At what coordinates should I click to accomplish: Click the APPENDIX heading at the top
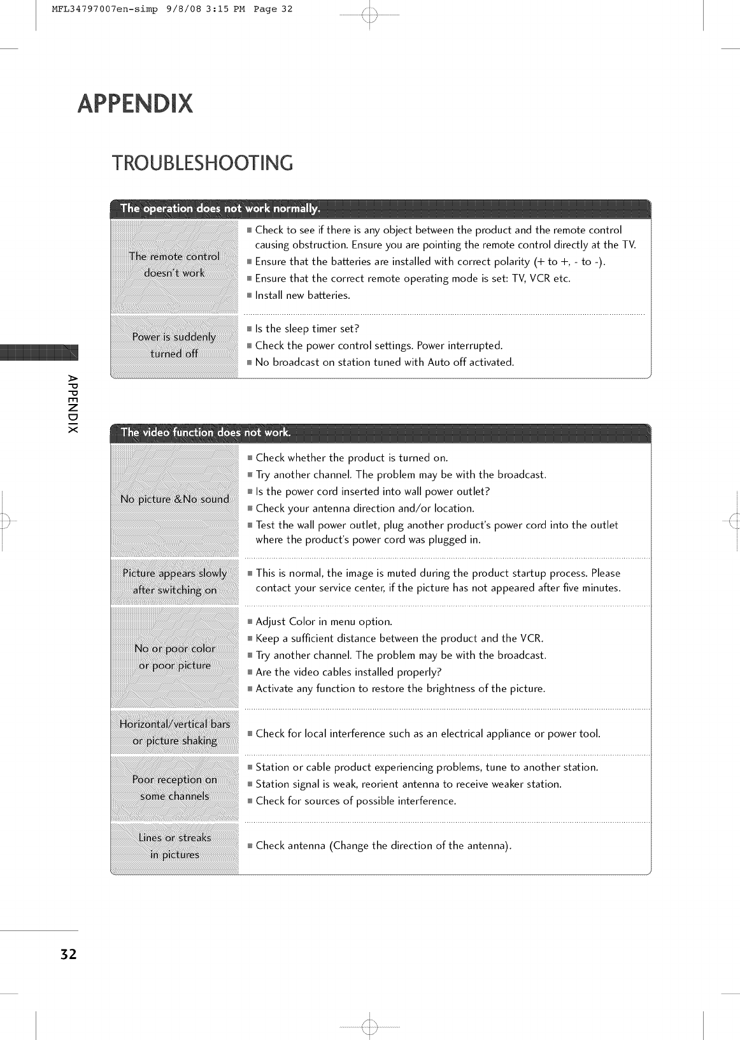134,103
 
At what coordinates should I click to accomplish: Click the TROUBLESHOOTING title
203,163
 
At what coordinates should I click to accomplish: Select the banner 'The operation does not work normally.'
220,208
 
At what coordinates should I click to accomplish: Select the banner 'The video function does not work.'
205,433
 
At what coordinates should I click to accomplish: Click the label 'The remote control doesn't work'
174,264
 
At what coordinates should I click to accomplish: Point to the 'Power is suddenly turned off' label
174,345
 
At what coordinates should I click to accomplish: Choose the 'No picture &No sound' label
174,499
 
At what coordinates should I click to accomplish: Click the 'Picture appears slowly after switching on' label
174,581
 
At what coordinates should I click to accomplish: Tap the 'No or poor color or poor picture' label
174,656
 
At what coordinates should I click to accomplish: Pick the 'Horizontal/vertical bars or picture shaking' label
174,732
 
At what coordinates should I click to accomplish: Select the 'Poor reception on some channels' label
174,788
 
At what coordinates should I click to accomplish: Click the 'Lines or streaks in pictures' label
174,846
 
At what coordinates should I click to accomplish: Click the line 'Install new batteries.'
302,295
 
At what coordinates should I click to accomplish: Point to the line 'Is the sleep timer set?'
307,329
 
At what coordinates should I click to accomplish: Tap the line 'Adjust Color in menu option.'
324,621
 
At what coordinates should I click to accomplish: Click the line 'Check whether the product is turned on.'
352,458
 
